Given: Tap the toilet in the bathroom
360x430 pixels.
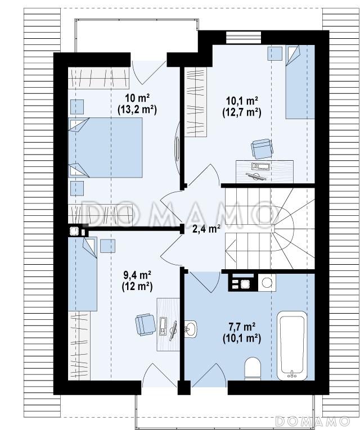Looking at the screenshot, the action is tap(252, 369).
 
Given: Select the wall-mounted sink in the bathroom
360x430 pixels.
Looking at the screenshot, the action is tap(191, 328).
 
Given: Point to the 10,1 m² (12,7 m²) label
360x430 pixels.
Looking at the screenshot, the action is tap(241, 107).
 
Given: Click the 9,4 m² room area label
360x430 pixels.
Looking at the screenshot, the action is tap(137, 274).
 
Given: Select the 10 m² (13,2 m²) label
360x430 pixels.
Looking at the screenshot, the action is tap(137, 103).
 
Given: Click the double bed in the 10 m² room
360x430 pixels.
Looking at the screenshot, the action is tap(105, 147).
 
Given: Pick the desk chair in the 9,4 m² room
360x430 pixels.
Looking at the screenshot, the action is tap(145, 324).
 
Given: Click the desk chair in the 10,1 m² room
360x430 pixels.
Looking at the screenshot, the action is tap(262, 148).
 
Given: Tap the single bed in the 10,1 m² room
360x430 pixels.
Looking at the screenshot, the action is tap(300, 82).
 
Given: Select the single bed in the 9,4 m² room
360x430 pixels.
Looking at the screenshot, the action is tap(83, 274).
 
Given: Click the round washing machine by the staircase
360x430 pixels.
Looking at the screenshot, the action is tap(267, 283).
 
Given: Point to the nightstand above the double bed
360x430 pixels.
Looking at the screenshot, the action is tap(77, 107).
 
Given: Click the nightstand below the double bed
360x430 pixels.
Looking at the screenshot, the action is tap(77, 188).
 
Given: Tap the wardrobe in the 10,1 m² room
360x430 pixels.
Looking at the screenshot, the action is tap(195, 102).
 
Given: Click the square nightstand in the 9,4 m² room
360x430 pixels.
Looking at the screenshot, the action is tap(107, 246).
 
